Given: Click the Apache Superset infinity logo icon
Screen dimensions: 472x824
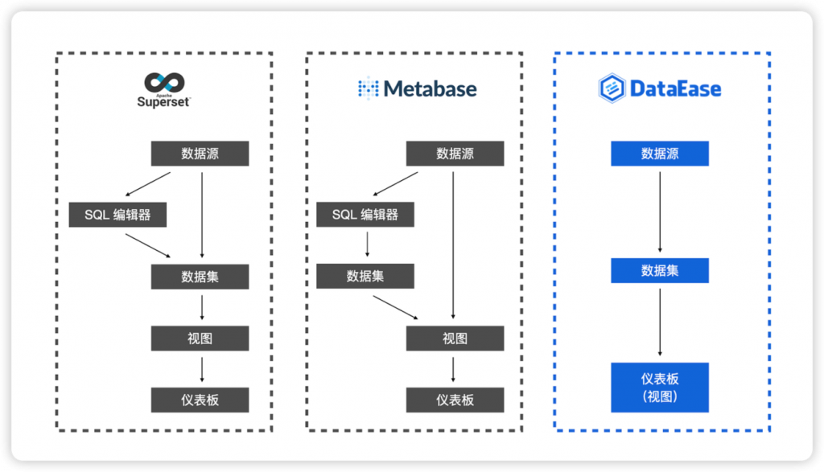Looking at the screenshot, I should [164, 82].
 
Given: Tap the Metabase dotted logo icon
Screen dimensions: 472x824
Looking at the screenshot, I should [368, 88].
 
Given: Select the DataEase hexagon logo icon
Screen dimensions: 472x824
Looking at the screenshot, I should [612, 88].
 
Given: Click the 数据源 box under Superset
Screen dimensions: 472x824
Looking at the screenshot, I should [200, 154].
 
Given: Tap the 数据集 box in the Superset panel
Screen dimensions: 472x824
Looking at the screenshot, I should [200, 277].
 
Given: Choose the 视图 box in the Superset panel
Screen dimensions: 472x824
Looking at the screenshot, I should [200, 339].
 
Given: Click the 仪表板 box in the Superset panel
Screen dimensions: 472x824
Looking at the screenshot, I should [200, 400].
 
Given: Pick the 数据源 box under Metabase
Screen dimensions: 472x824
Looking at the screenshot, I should [455, 154].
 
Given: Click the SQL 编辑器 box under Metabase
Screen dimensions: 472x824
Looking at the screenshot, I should [365, 215].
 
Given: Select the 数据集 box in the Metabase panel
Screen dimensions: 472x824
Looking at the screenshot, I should [365, 276].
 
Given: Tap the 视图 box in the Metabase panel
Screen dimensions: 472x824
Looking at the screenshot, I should [455, 339].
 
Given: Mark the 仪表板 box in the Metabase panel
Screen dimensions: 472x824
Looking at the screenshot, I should [455, 400].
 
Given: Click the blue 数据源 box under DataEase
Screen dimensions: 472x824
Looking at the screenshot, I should [660, 154].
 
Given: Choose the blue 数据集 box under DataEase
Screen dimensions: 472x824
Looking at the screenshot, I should [660, 270].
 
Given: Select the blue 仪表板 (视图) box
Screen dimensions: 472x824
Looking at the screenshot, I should [660, 387].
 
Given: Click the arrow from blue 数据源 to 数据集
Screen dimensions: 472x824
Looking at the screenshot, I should [660, 211].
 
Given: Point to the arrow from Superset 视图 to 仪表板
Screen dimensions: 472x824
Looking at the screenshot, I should [201, 369].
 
